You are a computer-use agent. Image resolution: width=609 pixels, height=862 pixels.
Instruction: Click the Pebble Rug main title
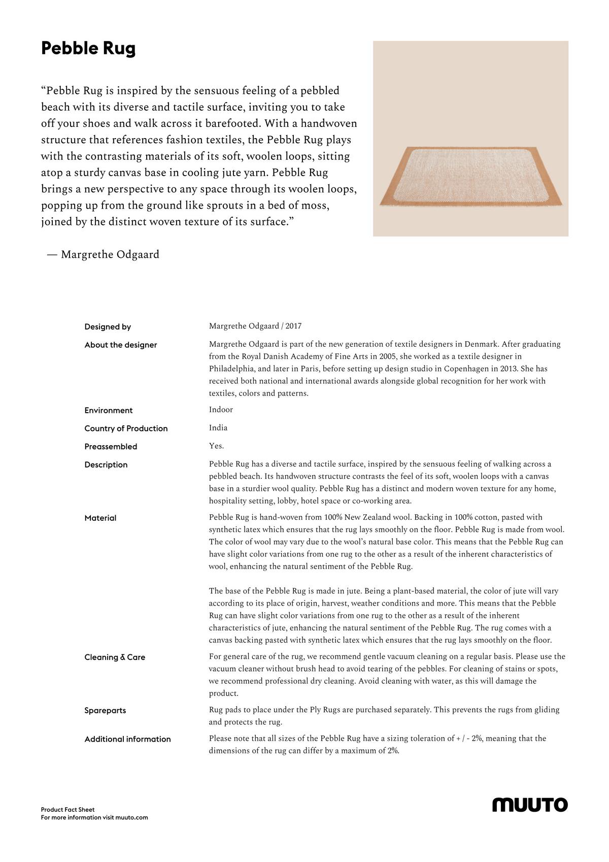[88, 49]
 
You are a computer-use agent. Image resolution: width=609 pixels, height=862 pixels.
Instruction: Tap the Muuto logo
[530, 805]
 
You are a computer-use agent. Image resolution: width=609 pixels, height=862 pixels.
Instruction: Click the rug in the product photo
[470, 177]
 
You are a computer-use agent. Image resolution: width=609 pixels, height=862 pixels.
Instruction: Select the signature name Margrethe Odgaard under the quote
[110, 254]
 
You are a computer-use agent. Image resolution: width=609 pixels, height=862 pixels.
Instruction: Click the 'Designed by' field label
[108, 327]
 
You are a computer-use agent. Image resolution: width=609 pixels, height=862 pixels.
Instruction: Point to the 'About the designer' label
[121, 345]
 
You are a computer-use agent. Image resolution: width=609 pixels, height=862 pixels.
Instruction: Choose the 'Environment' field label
[109, 411]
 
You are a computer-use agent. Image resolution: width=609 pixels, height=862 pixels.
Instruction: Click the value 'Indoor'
[221, 410]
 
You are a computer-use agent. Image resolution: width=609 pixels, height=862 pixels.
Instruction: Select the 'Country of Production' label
[126, 428]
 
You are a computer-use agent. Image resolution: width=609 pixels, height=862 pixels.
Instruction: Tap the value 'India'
[218, 428]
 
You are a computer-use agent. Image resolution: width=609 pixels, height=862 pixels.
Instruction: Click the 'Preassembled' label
[111, 447]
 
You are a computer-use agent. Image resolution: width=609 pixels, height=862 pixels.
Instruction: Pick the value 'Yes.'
[216, 446]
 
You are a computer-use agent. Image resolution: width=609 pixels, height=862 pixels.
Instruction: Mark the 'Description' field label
[106, 465]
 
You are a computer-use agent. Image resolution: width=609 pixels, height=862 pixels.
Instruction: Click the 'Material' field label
[100, 518]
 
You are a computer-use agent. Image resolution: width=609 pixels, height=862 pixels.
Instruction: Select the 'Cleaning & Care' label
[115, 657]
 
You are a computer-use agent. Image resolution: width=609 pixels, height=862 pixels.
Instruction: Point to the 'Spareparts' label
[105, 711]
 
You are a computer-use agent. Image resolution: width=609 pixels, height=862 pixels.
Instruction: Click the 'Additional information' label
[127, 739]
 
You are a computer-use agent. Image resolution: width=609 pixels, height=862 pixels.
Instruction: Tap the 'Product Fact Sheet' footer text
[67, 810]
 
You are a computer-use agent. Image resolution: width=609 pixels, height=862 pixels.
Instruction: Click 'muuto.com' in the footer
[131, 817]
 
